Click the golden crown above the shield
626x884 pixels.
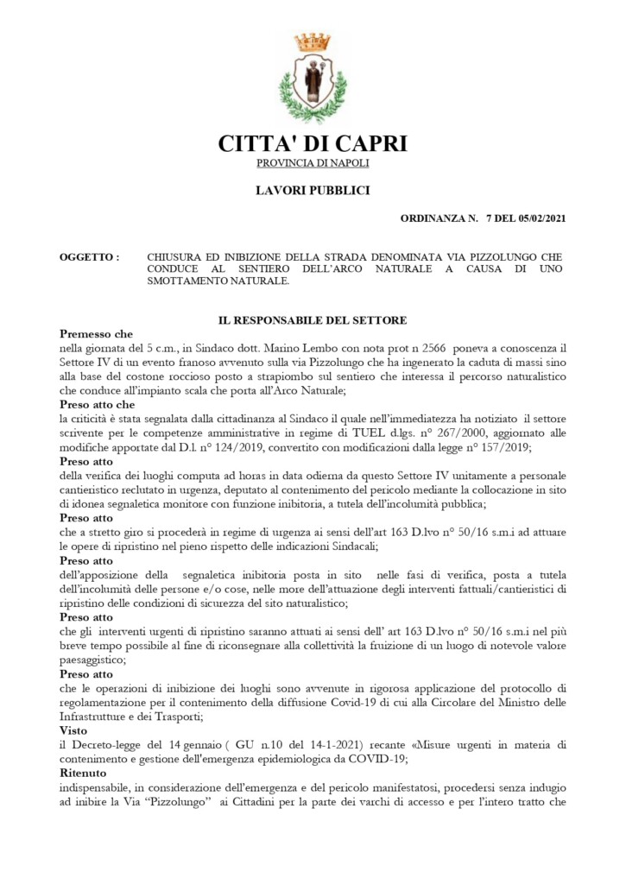click(x=313, y=41)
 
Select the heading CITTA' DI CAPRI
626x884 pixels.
click(x=313, y=143)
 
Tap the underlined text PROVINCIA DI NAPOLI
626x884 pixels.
click(x=313, y=163)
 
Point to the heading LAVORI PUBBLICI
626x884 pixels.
click(x=313, y=191)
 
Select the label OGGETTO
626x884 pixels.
click(x=86, y=257)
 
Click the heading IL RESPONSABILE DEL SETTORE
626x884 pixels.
click(x=313, y=320)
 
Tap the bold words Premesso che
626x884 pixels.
click(x=96, y=333)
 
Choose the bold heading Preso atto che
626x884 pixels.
click(x=98, y=404)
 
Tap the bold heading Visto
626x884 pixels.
click(x=74, y=729)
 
